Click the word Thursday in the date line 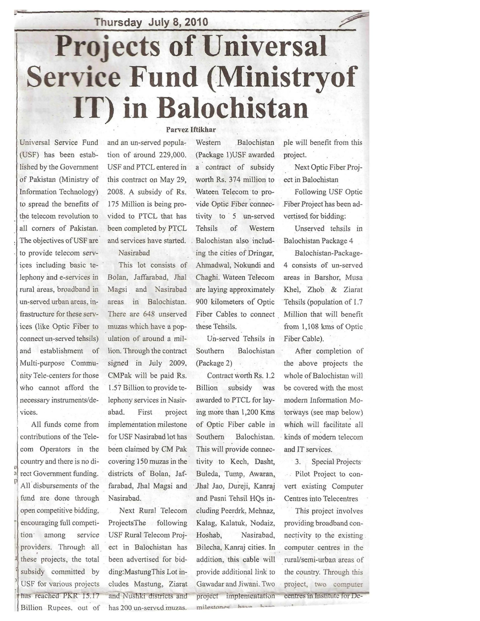tap(118, 22)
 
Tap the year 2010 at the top tap(196, 22)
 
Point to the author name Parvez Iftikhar tap(191, 130)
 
